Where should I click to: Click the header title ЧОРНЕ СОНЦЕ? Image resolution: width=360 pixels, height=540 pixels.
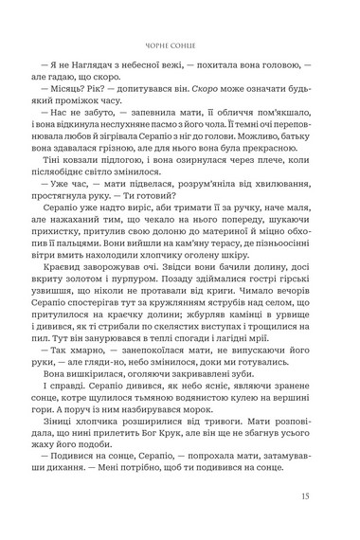tap(180, 42)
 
